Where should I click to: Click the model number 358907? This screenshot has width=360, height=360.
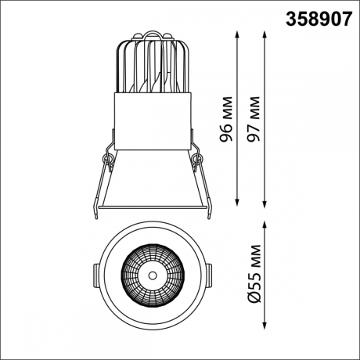319,20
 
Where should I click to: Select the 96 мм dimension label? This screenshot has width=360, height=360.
226,119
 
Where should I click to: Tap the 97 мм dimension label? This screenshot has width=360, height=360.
254,119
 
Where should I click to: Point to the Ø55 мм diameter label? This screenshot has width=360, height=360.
254,274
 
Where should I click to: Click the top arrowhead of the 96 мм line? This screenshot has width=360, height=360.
237,34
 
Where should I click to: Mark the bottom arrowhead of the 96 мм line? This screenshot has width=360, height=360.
237,203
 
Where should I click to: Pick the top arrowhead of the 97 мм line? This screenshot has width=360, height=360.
265,34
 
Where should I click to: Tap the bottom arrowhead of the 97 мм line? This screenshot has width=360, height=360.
265,205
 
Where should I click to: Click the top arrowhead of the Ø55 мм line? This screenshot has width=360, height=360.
265,225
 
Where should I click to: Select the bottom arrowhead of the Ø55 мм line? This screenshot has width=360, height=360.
265,326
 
